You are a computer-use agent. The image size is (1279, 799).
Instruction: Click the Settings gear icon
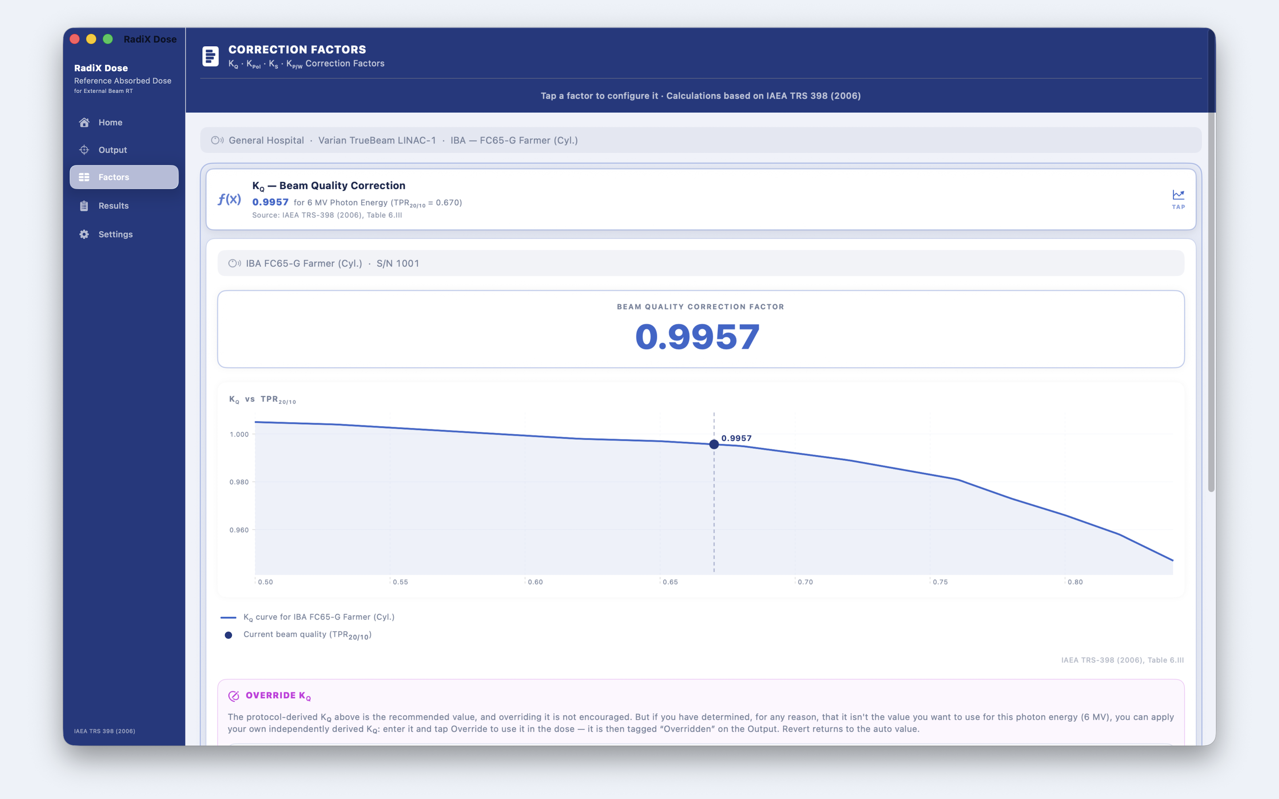[84, 234]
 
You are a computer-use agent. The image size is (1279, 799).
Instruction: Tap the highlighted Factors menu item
[124, 177]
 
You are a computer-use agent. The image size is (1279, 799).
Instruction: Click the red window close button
[75, 39]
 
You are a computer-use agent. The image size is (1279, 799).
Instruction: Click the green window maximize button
[108, 39]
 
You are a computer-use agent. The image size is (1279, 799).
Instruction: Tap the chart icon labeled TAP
[1178, 199]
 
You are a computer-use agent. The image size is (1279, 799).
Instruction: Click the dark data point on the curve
[714, 444]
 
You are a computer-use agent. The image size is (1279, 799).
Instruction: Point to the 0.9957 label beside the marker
[736, 438]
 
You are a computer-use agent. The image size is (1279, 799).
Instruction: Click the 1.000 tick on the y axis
[239, 435]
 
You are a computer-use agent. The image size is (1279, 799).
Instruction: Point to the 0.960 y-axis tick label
[239, 530]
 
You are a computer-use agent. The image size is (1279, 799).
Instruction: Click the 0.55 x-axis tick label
[401, 582]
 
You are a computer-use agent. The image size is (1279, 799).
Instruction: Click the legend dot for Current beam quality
[228, 635]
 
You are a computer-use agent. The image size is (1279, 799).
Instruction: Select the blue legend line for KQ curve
[228, 617]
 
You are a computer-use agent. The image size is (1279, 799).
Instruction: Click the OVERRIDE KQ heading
[278, 696]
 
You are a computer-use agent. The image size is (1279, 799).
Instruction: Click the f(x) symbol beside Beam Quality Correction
[229, 199]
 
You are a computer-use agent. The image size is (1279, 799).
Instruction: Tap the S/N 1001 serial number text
[397, 263]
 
